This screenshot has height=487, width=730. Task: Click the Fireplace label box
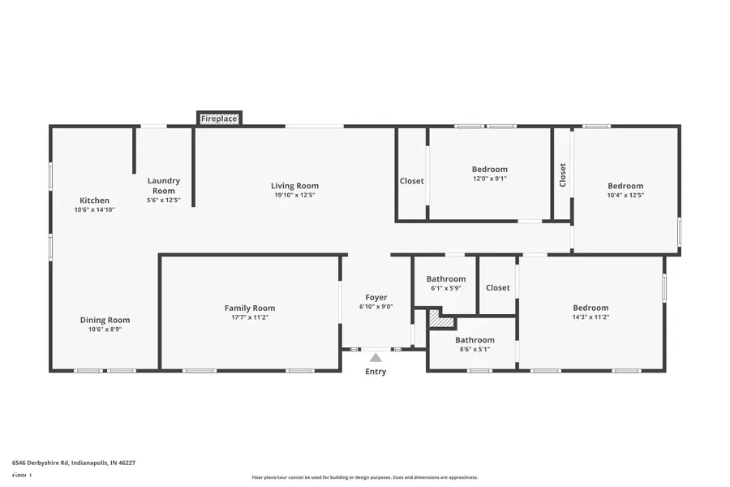(219, 119)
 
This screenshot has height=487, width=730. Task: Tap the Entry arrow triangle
(376, 357)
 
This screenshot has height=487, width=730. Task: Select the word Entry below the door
(376, 372)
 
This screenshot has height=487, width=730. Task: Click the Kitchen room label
(94, 200)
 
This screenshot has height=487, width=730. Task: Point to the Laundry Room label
(163, 186)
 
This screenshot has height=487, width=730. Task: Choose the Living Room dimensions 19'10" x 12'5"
(294, 195)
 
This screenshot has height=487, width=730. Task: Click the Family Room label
(250, 308)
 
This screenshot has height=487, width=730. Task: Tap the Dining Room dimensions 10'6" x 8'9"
(105, 329)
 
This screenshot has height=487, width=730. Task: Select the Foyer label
(376, 297)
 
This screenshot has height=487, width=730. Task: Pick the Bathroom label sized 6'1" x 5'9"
(446, 279)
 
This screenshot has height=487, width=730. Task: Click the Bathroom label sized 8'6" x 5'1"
(474, 340)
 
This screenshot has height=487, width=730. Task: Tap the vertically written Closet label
(562, 175)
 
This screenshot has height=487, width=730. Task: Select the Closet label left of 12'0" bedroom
(411, 181)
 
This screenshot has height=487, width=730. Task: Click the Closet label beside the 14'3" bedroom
(497, 287)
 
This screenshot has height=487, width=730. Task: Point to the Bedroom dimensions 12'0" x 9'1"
(490, 179)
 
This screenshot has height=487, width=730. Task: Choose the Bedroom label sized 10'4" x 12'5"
(625, 186)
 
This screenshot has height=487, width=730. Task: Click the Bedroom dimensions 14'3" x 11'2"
(590, 317)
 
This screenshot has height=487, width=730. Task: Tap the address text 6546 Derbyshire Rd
(74, 463)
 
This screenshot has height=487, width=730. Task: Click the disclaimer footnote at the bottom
(364, 477)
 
